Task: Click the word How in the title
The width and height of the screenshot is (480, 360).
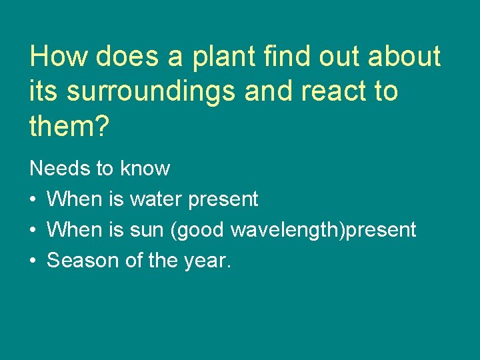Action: coord(59,57)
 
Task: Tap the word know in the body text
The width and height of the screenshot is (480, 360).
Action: coord(145,169)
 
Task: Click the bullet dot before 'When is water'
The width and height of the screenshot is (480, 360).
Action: coord(33,199)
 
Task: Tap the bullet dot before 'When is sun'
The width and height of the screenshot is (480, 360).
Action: coord(33,231)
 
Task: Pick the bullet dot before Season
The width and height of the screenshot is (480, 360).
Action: coord(33,261)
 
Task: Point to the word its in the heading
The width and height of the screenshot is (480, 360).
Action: coord(43,91)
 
